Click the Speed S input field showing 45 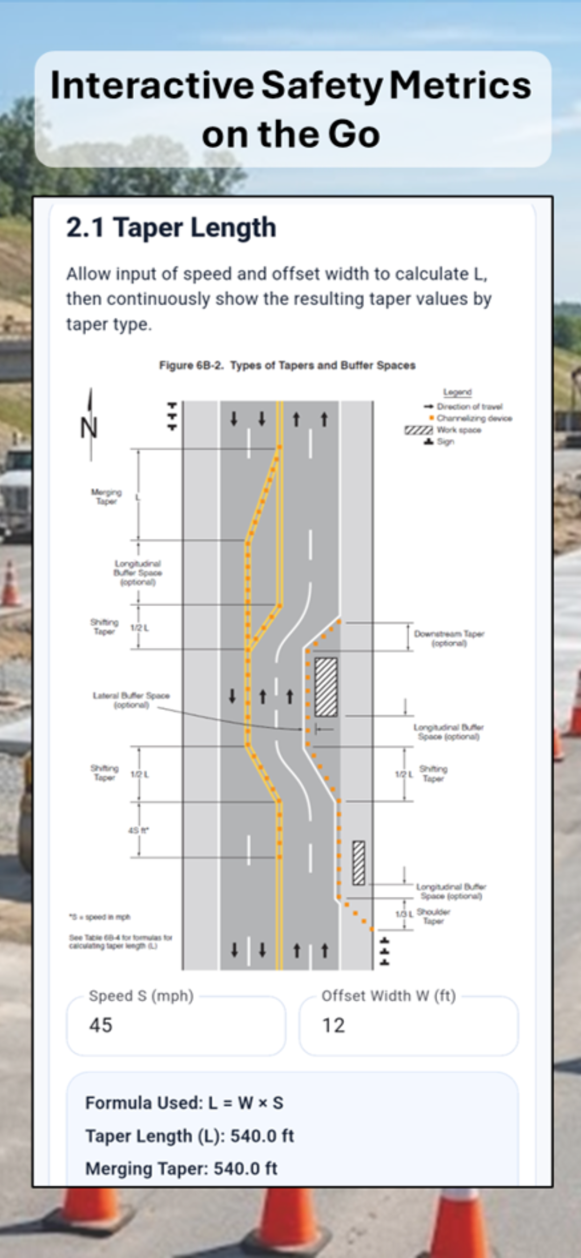(x=175, y=1025)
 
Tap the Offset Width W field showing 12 (x=408, y=1025)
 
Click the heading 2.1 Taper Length (x=171, y=228)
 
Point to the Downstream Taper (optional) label (x=449, y=638)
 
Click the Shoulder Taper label (x=433, y=916)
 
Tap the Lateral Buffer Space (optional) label (x=131, y=700)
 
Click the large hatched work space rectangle (x=326, y=687)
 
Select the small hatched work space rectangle (x=358, y=863)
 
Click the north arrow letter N (x=89, y=428)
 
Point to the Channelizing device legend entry (x=473, y=418)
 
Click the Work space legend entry (x=458, y=430)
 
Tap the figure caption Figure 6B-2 (x=287, y=366)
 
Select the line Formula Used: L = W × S (x=184, y=1103)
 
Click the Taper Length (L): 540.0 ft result (x=189, y=1136)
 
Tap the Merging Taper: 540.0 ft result (x=181, y=1169)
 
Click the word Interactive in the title (x=152, y=86)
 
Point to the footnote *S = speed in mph (x=100, y=917)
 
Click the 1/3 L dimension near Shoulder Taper (x=404, y=913)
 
